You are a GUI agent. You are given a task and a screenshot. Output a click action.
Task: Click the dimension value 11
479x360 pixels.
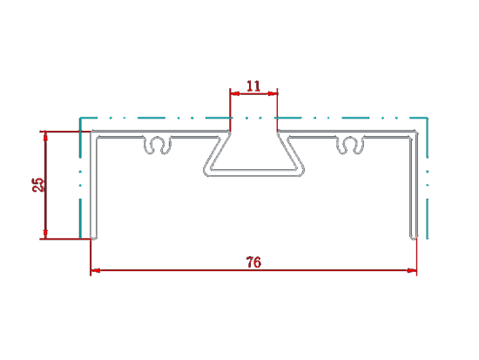[x=253, y=86]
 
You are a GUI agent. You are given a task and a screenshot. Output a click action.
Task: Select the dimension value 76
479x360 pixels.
[x=253, y=262]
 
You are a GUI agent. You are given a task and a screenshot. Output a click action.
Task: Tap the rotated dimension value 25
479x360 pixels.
[x=38, y=185]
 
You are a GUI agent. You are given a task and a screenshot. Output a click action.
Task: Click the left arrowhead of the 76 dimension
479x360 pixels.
[x=96, y=270]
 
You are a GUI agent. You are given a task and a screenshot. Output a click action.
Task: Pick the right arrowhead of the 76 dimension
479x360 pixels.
[x=412, y=270]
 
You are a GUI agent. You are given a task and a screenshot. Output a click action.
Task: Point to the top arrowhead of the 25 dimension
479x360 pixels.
[x=45, y=136]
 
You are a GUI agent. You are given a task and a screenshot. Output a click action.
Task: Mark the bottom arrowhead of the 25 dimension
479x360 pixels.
[x=45, y=234]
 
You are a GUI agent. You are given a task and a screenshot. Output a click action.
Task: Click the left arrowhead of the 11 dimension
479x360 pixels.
[x=235, y=93]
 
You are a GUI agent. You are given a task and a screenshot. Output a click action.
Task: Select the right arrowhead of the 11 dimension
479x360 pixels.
[x=273, y=93]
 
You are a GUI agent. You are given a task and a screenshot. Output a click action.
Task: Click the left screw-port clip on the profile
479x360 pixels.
[x=158, y=145]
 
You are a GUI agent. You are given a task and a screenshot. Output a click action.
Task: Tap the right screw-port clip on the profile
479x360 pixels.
[x=350, y=145]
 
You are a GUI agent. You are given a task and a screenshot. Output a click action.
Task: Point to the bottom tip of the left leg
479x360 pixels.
[x=94, y=238]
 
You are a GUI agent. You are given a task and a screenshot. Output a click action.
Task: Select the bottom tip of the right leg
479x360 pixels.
[x=414, y=238]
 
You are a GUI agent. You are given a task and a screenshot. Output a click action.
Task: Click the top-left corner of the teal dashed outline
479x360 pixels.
[x=80, y=118]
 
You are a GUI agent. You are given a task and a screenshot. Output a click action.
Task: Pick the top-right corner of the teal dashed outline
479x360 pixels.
[x=427, y=118]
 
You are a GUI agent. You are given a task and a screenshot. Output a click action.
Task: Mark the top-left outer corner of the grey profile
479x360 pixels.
[x=91, y=132]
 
